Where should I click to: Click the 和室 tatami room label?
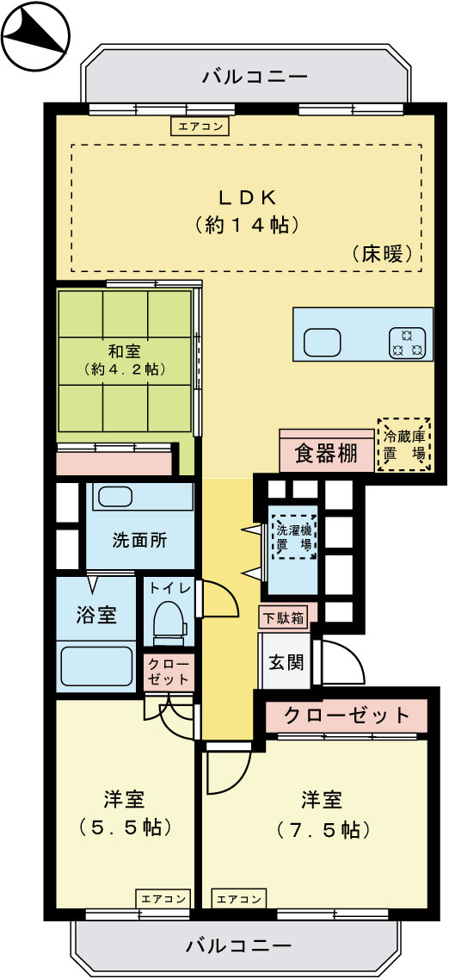(125, 351)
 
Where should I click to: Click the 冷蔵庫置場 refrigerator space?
(403, 444)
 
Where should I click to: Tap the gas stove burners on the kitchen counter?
(408, 343)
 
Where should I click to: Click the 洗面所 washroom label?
(139, 542)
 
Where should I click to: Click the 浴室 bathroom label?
(95, 616)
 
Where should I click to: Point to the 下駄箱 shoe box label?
(282, 617)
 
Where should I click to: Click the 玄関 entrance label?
(285, 662)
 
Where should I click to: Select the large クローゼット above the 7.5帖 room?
(347, 716)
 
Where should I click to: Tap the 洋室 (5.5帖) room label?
(123, 814)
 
